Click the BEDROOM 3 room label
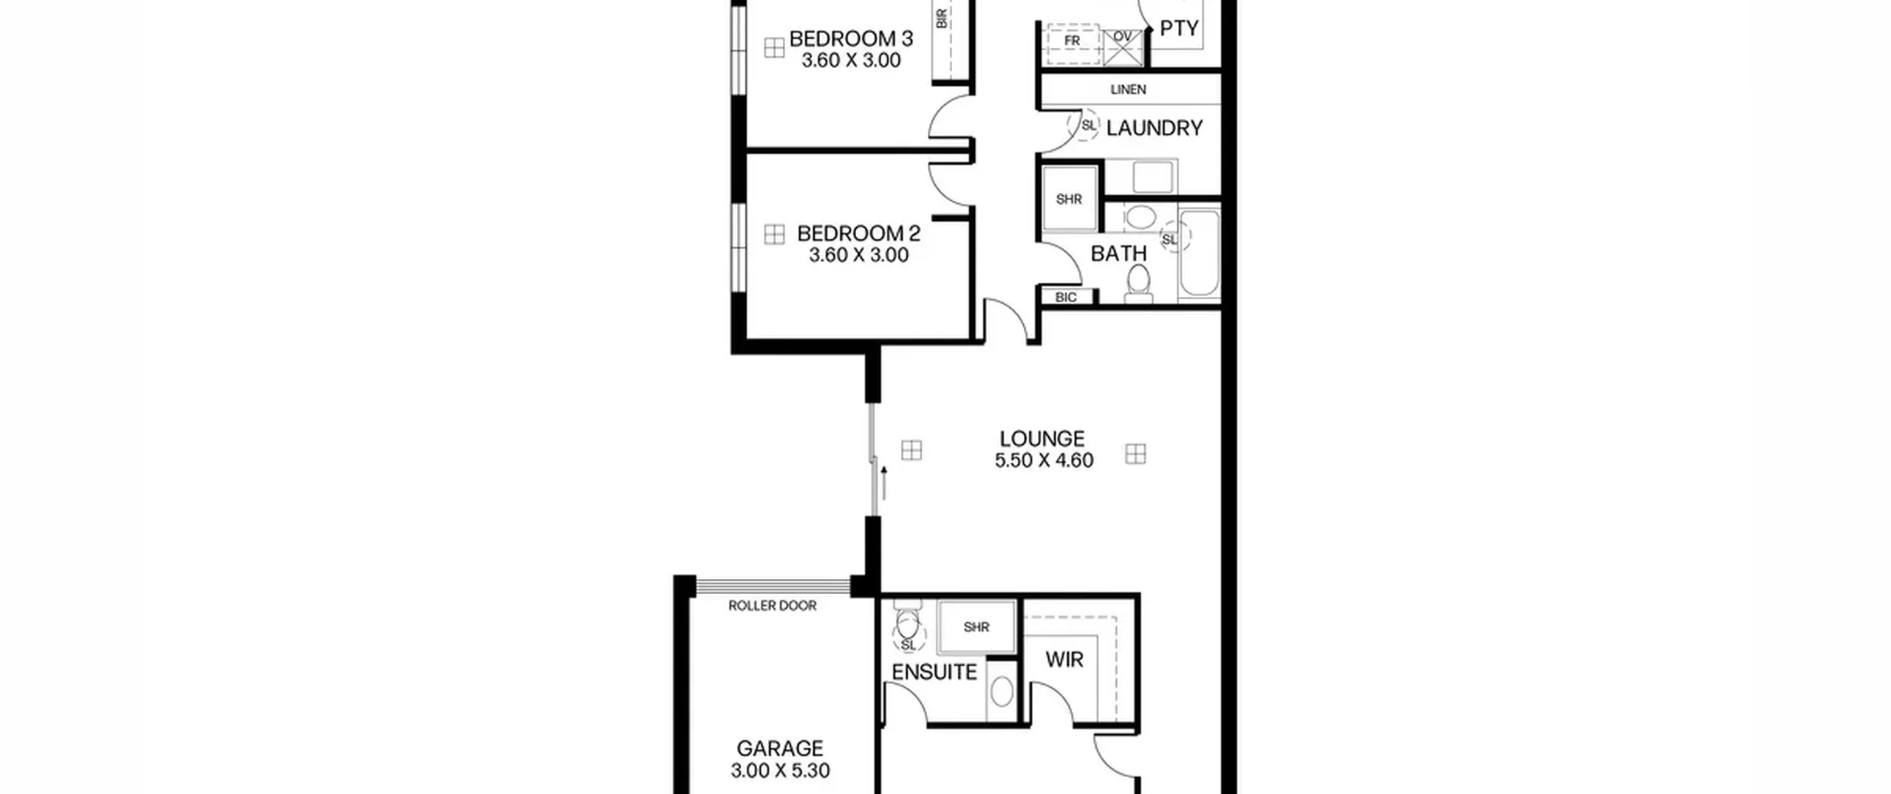(851, 38)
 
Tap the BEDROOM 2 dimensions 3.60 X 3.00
(858, 256)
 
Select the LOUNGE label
(1042, 439)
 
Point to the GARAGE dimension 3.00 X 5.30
(780, 770)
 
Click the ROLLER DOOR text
(773, 606)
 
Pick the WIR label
(1064, 660)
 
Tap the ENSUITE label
(934, 672)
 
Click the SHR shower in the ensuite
(977, 627)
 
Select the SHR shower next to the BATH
(1069, 199)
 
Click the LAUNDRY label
(1155, 129)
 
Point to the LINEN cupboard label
(1129, 89)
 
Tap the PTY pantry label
(1179, 28)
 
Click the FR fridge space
(1073, 41)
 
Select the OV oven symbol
(1123, 47)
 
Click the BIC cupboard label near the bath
(1066, 297)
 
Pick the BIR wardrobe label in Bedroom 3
(942, 18)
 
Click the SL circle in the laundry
(1084, 126)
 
